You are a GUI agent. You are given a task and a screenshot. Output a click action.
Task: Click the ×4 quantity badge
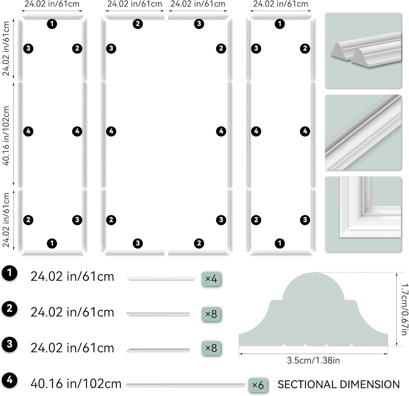pos(211,279)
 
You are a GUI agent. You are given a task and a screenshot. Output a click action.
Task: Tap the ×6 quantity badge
pos(258,385)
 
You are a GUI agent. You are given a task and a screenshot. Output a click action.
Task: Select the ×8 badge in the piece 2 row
pos(211,314)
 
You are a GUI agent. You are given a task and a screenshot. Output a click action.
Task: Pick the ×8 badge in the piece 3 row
pos(211,348)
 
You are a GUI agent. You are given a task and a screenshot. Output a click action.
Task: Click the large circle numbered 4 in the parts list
pos(10,380)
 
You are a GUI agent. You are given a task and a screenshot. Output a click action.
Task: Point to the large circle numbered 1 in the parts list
pos(10,273)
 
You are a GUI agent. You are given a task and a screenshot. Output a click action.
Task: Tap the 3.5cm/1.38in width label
pos(313,361)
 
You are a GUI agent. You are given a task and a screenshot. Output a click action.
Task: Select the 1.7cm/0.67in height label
pos(405,309)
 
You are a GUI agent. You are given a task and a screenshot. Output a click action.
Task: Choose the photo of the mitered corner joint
pos(363,214)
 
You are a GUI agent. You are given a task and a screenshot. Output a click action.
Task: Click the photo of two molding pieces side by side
pos(363,50)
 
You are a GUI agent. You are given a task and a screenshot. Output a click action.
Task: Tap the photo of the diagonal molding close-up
pos(363,132)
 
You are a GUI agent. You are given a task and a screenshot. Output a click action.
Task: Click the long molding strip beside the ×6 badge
pos(186,385)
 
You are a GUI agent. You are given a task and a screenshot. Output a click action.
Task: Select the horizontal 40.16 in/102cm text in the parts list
pos(76,384)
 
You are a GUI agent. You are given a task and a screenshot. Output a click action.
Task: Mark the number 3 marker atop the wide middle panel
pos(199,24)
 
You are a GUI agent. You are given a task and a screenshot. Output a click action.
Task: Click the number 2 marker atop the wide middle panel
pos(138,24)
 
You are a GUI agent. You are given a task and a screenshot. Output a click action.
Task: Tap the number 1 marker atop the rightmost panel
pos(279,24)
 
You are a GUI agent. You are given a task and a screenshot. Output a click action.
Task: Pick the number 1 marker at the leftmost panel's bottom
pos(52,243)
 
